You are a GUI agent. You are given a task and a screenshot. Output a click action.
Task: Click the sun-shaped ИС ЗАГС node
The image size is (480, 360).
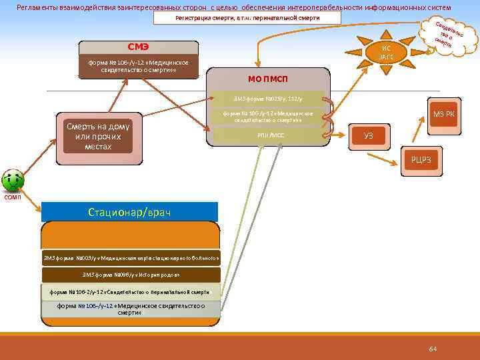(386, 53)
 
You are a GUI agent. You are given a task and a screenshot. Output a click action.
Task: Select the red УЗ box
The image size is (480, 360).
(368, 136)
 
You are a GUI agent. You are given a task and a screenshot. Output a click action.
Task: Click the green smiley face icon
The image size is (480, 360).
(13, 180)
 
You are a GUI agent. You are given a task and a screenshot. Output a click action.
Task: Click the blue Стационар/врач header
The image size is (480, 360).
(129, 212)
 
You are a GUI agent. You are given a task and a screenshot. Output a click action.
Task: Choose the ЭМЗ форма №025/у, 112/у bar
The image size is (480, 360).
(268, 99)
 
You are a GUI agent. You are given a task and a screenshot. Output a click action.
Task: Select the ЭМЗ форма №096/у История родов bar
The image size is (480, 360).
(131, 275)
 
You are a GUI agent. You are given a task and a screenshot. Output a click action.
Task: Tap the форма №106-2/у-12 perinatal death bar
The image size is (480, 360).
(131, 292)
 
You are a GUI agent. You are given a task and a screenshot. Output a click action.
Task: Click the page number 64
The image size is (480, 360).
(433, 349)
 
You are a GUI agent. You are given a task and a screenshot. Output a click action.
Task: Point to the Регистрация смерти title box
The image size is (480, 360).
(247, 17)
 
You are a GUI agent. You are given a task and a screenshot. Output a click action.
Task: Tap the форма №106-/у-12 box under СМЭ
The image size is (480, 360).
(139, 67)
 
